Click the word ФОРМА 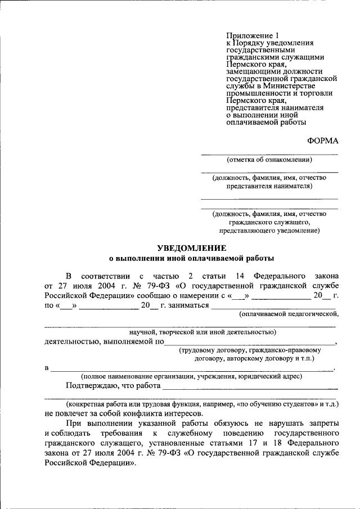pos(323,141)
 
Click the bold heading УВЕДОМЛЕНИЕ pos(191,248)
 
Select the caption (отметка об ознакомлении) pos(269,160)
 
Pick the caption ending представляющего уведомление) pos(269,231)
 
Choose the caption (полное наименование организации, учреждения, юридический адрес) pos(191,376)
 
